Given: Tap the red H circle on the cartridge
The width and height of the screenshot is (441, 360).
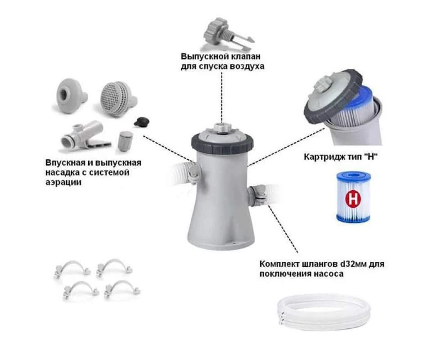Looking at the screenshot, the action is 353,199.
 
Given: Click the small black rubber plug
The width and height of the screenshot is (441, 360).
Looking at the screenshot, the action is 141,122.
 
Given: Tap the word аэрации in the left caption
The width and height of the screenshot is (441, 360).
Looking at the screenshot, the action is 63,182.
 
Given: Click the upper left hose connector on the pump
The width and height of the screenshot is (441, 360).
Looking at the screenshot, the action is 194,172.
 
